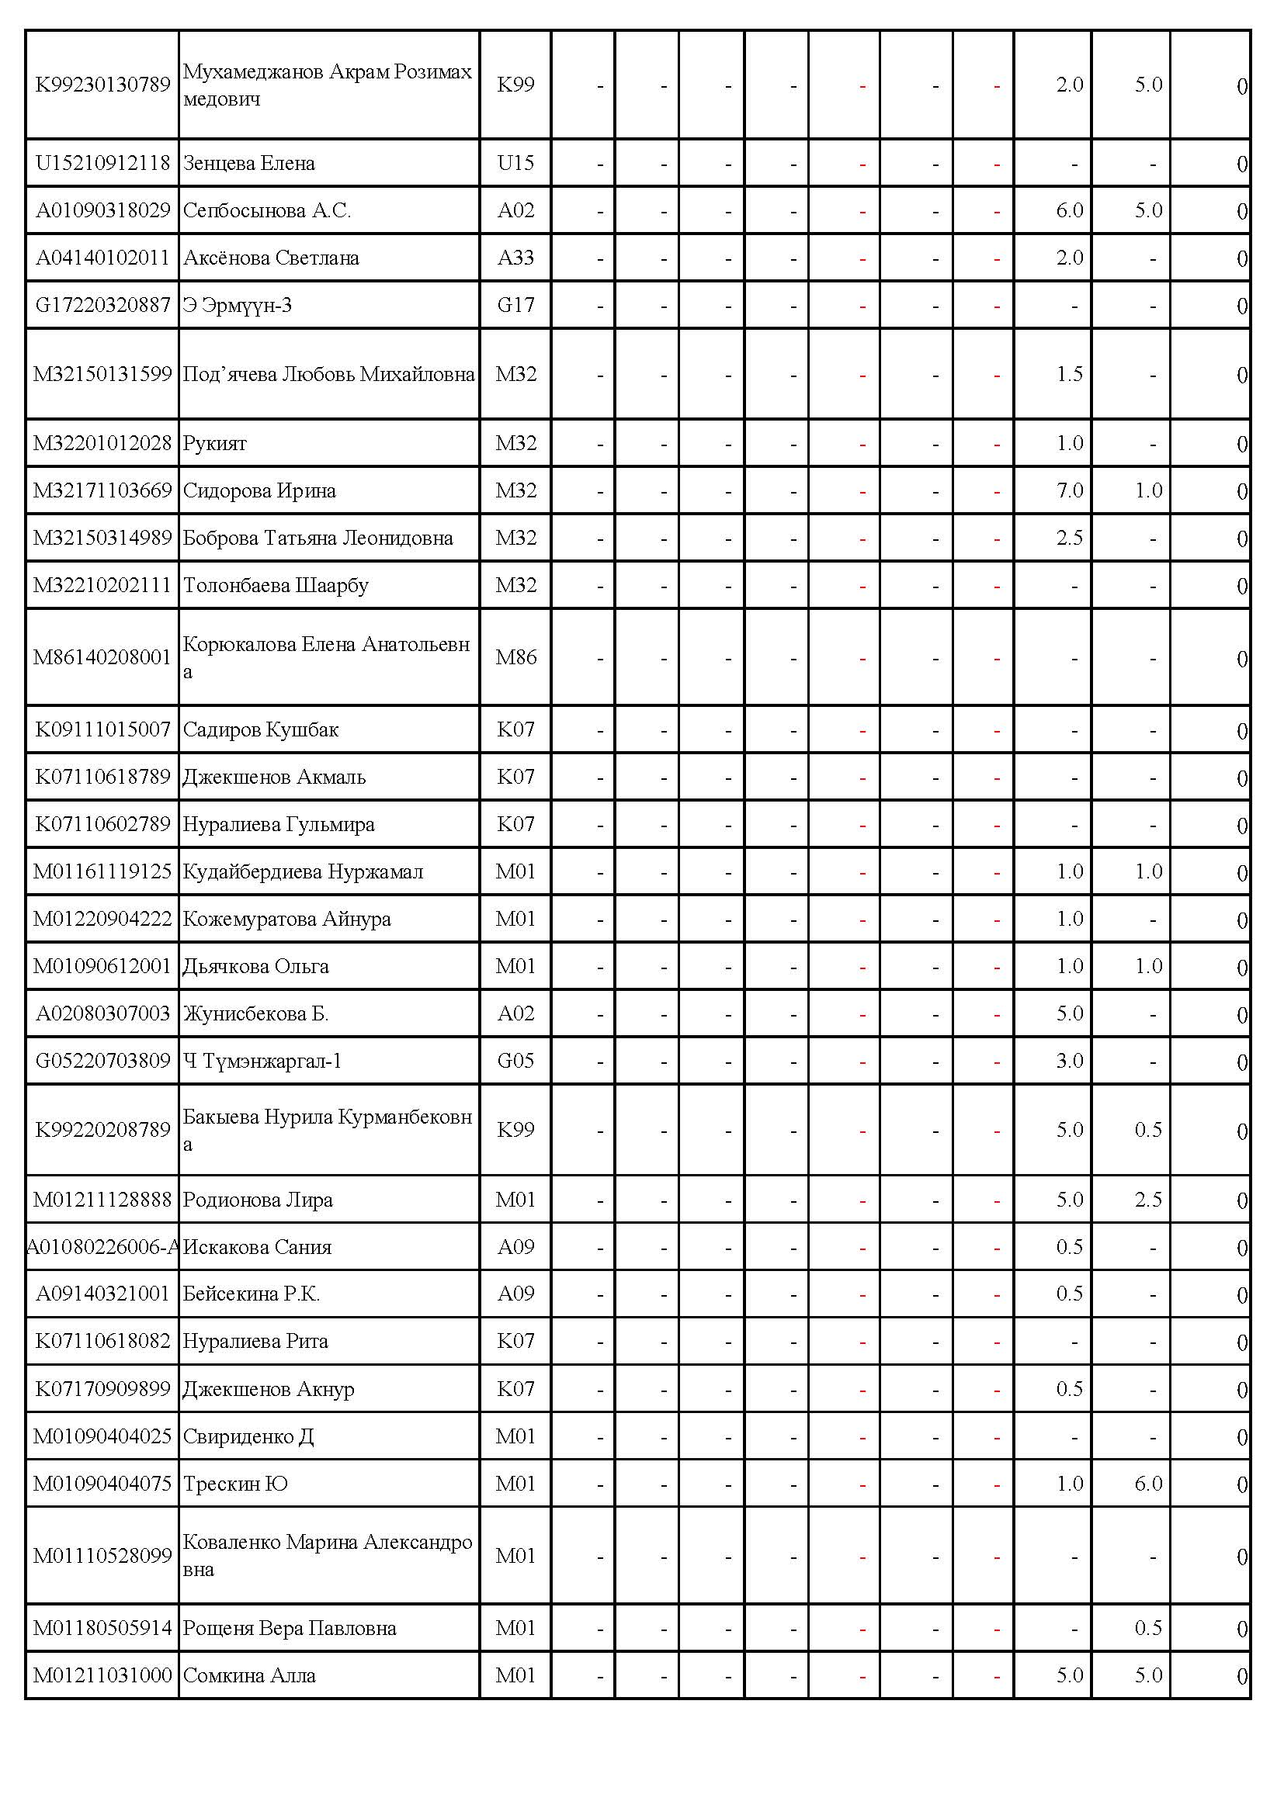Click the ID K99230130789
coord(102,85)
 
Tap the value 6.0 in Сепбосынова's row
coord(1069,210)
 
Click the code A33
coord(515,258)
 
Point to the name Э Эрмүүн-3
coord(238,305)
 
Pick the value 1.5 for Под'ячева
coord(1069,374)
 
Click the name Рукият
coord(215,444)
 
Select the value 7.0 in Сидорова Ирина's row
coord(1069,491)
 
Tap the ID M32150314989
coord(102,539)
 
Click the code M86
coord(515,657)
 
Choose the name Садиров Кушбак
coord(261,729)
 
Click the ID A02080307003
coord(102,1013)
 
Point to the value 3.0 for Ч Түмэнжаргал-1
coord(1069,1061)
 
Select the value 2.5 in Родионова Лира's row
coord(1148,1200)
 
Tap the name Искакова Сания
coord(257,1248)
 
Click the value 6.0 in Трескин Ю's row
coord(1148,1484)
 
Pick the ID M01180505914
coord(102,1629)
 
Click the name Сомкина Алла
coord(249,1676)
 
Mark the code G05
coord(515,1061)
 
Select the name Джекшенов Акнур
coord(269,1390)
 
